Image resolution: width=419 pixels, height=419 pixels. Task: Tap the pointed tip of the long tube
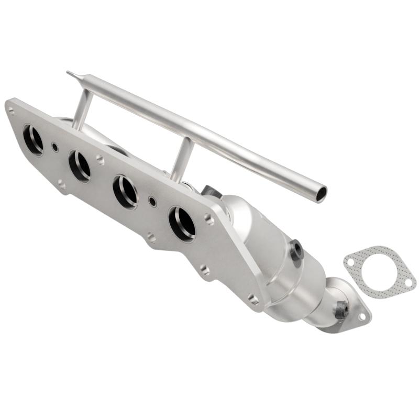69,73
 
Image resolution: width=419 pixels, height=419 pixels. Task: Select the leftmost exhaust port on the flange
33,139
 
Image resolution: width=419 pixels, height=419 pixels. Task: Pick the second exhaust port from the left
80,165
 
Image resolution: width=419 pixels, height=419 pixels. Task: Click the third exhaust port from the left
126,191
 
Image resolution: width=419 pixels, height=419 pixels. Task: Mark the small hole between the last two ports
152,201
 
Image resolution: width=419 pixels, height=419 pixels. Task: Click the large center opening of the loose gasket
379,271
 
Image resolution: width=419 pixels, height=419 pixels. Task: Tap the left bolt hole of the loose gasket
349,259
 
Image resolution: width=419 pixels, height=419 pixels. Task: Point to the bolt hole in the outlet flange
361,316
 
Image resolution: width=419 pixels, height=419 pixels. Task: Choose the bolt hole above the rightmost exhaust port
210,219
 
